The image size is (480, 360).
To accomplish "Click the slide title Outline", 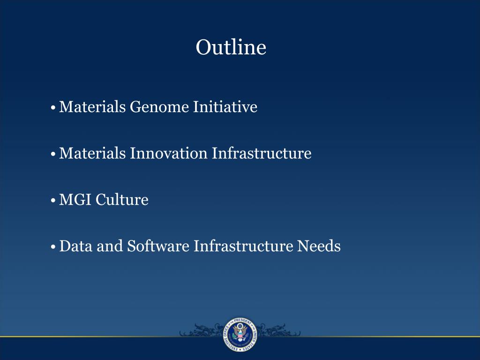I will pyautogui.click(x=231, y=47).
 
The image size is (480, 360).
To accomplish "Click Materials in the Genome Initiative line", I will pyautogui.click(x=92, y=107).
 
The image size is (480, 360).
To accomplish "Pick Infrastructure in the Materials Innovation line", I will pyautogui.click(x=262, y=153).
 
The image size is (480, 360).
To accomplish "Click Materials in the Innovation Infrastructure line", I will pyautogui.click(x=92, y=153).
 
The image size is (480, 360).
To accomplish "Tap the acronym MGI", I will pyautogui.click(x=75, y=200).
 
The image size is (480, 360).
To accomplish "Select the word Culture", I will pyautogui.click(x=122, y=200).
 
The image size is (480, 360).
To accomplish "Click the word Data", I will pyautogui.click(x=76, y=246).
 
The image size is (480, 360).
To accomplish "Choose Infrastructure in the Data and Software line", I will pyautogui.click(x=243, y=246).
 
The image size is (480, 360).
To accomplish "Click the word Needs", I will pyautogui.click(x=319, y=246).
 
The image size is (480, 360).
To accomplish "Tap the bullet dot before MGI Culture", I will pyautogui.click(x=54, y=201).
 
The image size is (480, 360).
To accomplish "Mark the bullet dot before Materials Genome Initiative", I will pyautogui.click(x=54, y=108).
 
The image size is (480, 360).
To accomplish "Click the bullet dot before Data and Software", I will pyautogui.click(x=54, y=247).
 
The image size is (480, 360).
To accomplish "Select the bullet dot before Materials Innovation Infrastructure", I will pyautogui.click(x=54, y=154).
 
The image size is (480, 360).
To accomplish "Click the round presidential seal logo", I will pyautogui.click(x=240, y=335).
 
